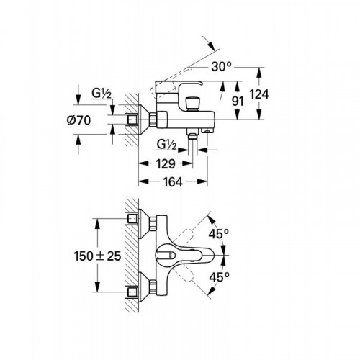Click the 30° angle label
coord(221,66)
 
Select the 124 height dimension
coord(259,94)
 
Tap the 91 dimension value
coord(238,102)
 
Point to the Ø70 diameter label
coord(78,120)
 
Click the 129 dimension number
coord(166,164)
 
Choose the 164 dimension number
coord(173,182)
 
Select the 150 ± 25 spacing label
coord(97,256)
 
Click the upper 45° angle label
coord(219,233)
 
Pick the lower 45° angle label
coord(219,277)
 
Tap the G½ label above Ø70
coord(102,94)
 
